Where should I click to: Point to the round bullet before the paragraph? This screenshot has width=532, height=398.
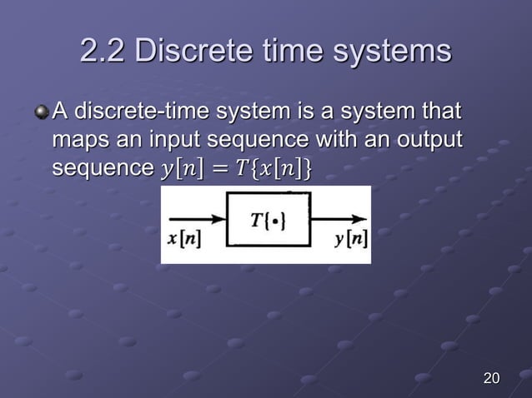(42, 111)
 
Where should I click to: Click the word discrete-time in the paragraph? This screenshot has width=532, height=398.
(141, 112)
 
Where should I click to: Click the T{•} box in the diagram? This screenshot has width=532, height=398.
(268, 219)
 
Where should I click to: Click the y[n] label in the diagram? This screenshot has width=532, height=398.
(350, 241)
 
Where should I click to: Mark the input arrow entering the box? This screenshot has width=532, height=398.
(197, 220)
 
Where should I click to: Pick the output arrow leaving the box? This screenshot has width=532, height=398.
(339, 220)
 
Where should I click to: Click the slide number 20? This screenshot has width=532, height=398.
(492, 380)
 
